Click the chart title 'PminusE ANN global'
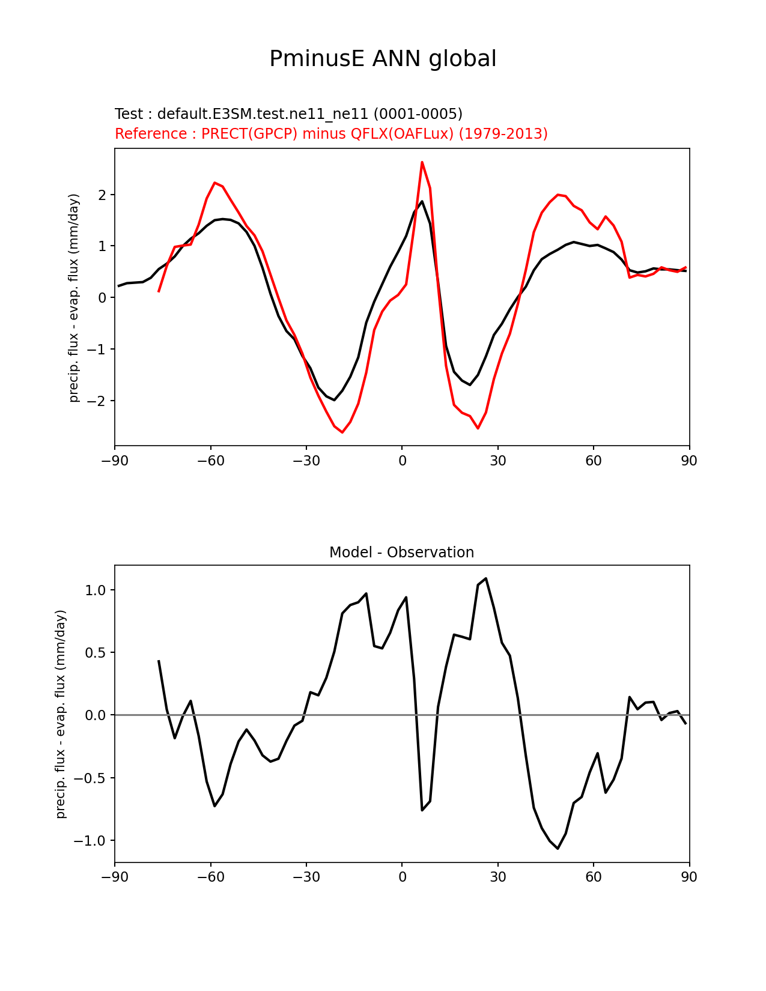(383, 59)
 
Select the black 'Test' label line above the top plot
(288, 114)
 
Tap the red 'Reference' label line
(331, 133)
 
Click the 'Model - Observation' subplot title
(401, 553)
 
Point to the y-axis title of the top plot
(74, 297)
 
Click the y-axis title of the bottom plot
(61, 714)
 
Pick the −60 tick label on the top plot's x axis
(210, 461)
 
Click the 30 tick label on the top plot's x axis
(497, 461)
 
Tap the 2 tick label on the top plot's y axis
(103, 195)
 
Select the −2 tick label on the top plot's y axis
(98, 401)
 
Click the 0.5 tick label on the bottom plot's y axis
(96, 652)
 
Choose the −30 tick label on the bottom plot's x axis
(306, 877)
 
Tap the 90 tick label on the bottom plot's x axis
(689, 877)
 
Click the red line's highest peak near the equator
(422, 162)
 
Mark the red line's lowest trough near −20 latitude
(342, 432)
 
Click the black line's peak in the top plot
(422, 201)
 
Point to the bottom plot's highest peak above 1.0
(485, 578)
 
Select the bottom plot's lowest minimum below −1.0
(558, 849)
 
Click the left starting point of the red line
(159, 291)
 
